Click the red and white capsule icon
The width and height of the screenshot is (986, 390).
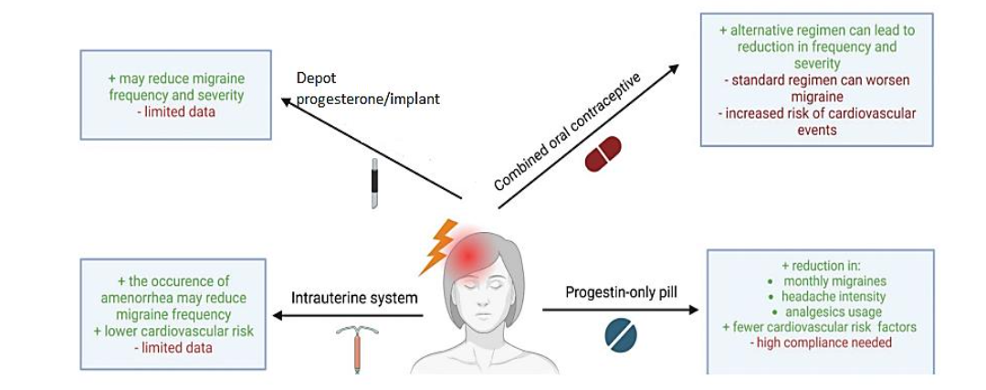click(603, 153)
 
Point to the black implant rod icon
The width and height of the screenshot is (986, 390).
click(374, 183)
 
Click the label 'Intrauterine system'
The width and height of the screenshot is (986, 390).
click(354, 298)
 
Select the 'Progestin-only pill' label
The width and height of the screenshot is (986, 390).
click(620, 292)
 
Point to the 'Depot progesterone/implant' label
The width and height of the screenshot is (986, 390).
click(368, 89)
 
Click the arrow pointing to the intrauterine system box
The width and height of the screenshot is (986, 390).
click(348, 316)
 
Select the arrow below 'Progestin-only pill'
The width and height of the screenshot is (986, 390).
click(620, 311)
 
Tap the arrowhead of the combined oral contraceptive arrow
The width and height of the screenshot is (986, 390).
click(675, 69)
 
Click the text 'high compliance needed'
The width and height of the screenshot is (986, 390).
click(821, 343)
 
